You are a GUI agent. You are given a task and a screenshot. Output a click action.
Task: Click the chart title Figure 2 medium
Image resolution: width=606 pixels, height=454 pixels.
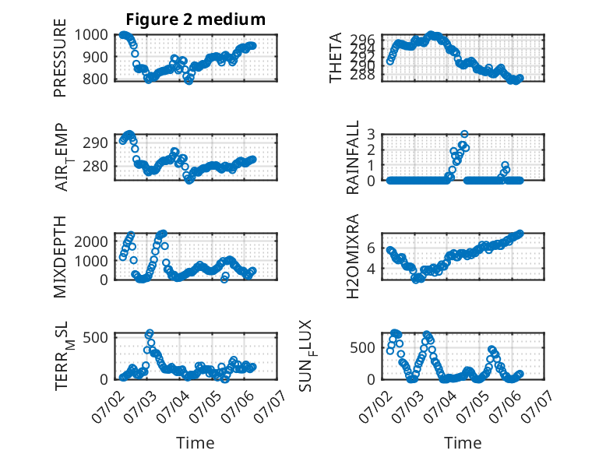pos(196,19)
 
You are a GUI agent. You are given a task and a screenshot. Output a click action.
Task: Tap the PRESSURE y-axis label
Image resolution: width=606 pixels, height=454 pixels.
pos(60,58)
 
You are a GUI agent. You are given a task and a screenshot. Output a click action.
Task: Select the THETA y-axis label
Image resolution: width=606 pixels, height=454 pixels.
pos(336,58)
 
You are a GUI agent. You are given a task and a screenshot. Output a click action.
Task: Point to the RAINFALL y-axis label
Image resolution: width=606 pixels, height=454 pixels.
pos(353,157)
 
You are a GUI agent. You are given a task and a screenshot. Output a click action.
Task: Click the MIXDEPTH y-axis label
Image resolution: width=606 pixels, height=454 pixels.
pos(60,257)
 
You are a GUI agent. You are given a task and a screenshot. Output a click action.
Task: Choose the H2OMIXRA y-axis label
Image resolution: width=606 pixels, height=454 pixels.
pos(353,256)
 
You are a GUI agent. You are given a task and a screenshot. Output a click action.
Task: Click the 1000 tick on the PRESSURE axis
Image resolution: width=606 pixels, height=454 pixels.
pos(91,35)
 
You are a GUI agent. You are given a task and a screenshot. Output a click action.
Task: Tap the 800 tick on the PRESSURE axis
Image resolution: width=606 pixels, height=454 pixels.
pos(96,79)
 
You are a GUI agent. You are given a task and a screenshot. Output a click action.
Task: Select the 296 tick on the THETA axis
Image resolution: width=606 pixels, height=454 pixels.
pos(362,39)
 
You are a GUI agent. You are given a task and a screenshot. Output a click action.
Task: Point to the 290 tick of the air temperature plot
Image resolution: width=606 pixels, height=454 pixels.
pos(96,143)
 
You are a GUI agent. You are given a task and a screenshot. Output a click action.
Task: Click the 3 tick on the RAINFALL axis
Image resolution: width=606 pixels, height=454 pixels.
pos(372,135)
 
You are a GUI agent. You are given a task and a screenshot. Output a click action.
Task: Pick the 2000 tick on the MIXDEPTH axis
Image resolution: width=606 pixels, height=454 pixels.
pos(91,241)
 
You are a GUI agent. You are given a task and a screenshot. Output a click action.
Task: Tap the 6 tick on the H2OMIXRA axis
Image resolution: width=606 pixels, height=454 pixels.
pos(372,248)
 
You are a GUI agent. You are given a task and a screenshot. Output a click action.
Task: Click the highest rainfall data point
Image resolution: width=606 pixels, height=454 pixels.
pos(464,134)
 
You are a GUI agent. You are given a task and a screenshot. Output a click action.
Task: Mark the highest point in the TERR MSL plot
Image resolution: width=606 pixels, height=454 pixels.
pos(150,333)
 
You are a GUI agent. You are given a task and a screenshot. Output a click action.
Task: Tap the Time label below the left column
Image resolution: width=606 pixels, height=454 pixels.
pos(196,442)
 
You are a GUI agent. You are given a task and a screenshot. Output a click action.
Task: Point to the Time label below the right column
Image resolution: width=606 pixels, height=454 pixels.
pos(463,442)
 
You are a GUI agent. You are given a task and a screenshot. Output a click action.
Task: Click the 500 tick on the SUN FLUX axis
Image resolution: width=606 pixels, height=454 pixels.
pos(363,348)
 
